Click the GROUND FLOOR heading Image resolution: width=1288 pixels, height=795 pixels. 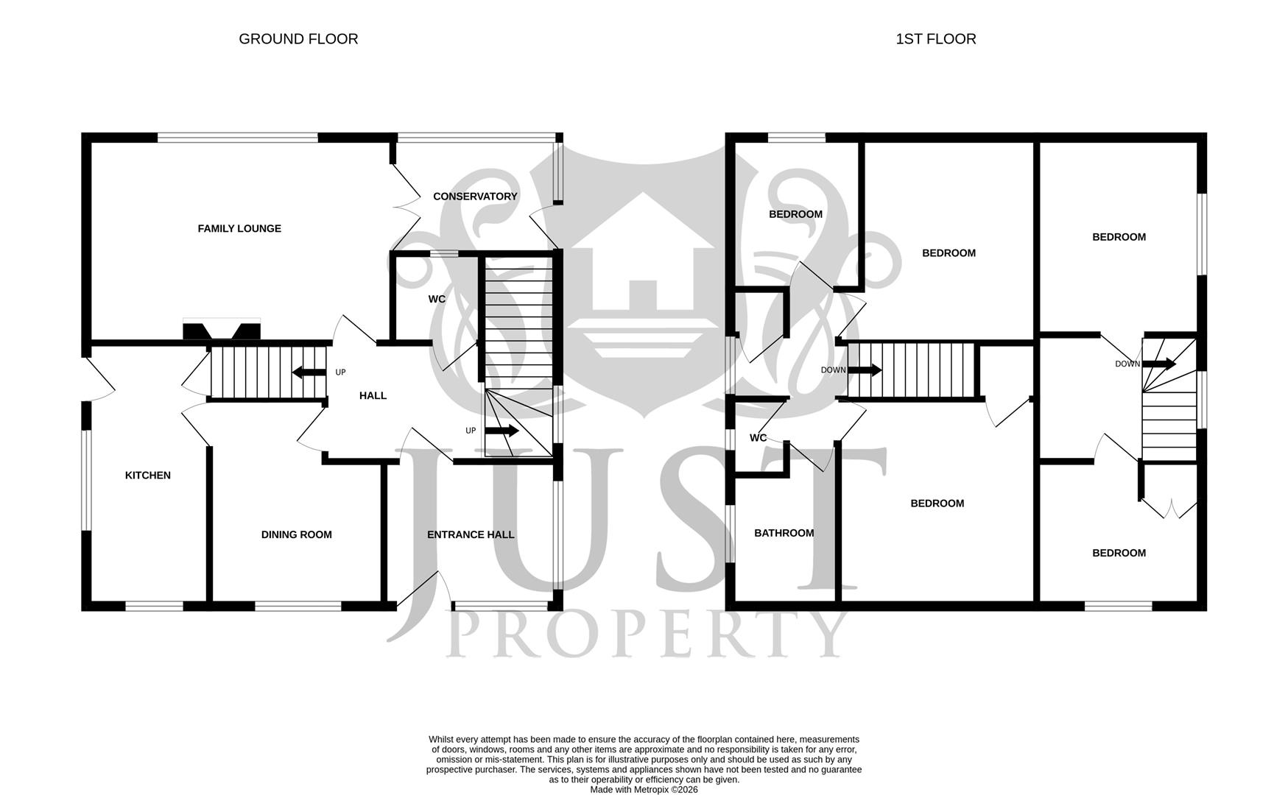pos(298,39)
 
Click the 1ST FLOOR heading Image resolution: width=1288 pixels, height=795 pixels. pos(935,39)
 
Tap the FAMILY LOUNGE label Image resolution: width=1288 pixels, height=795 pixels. pos(239,229)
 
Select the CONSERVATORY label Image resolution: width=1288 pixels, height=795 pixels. pos(475,197)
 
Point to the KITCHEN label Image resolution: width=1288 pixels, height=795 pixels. pos(148,476)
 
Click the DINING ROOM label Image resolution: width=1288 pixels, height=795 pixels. pos(296,535)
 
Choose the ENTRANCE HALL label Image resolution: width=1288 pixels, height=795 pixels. pos(471,535)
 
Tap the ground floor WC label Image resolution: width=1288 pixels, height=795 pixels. pos(437,300)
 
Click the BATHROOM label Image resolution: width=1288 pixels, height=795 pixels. pos(784,534)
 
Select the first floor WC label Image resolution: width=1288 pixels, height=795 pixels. pos(758,438)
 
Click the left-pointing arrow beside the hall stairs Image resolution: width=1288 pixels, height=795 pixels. pos(309,372)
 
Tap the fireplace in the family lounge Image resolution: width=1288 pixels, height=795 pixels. pos(222,331)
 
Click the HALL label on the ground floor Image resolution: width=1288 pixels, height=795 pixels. pos(373,396)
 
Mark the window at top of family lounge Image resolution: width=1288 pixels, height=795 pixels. pos(237,137)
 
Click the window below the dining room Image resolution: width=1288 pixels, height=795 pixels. pos(298,606)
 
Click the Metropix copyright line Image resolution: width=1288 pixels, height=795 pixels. pos(644,789)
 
